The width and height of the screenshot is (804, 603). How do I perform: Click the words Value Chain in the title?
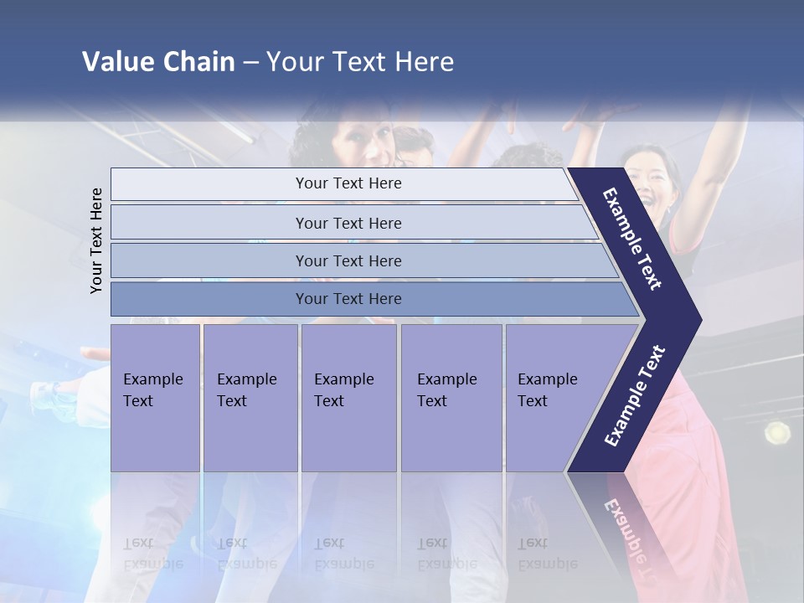tap(158, 62)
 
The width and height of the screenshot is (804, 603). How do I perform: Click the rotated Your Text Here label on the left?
tap(96, 240)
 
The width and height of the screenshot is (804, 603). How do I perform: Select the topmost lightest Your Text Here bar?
tap(348, 183)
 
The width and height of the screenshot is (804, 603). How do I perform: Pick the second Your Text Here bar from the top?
tap(348, 223)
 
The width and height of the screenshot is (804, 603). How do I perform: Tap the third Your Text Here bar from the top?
tap(348, 260)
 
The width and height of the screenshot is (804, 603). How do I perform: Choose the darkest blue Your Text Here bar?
tap(348, 299)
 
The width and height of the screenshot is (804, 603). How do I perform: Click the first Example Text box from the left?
tap(155, 397)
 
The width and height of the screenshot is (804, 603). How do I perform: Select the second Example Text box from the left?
tap(250, 397)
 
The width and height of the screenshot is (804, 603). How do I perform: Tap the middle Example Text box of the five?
tap(348, 397)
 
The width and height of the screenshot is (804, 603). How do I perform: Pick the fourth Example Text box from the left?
tap(451, 397)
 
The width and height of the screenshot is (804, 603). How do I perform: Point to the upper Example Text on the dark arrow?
tap(633, 239)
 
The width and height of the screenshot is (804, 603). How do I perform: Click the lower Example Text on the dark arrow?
tap(635, 395)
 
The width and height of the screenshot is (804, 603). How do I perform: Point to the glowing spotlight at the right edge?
tap(776, 432)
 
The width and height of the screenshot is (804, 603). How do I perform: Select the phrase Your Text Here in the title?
tap(360, 62)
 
